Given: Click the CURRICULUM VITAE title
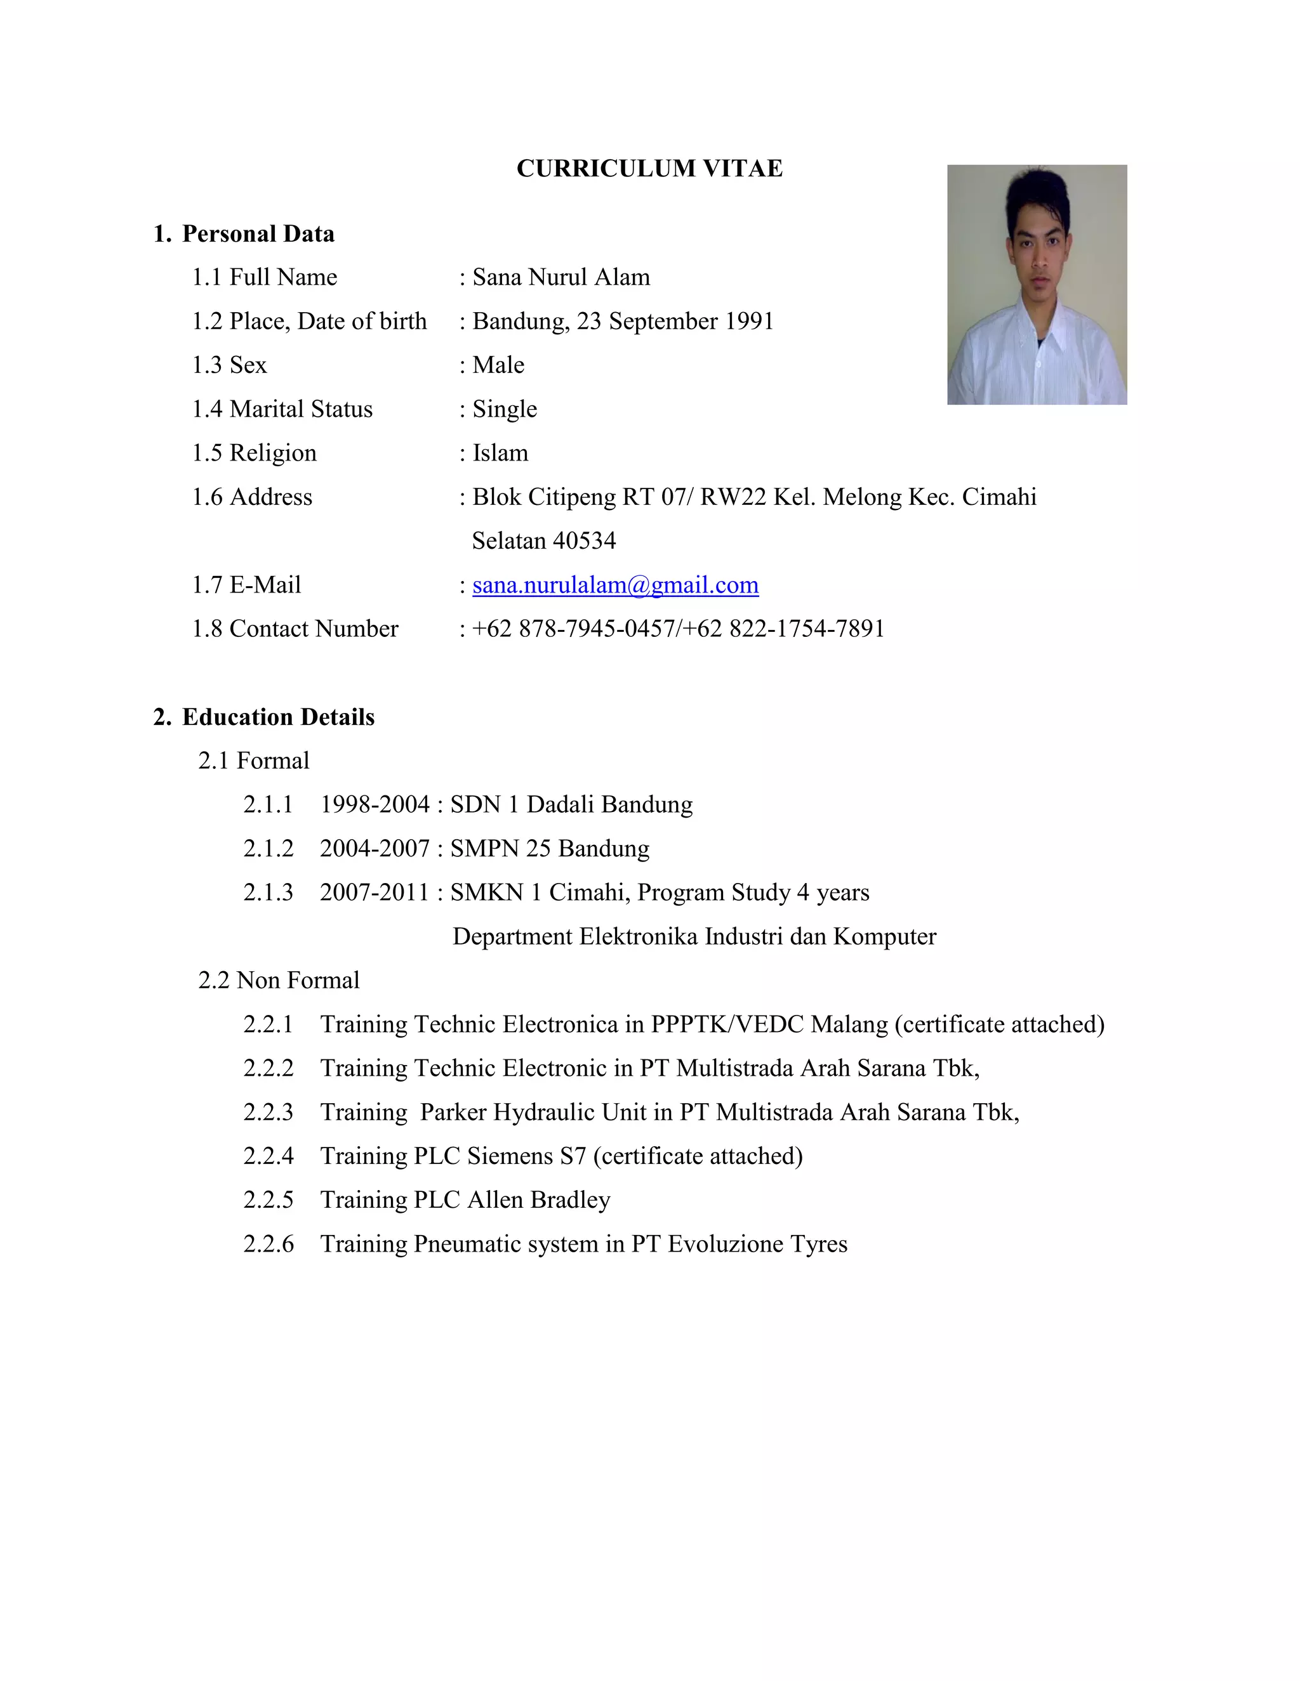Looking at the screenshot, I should pyautogui.click(x=649, y=169).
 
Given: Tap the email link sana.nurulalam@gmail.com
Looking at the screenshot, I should pyautogui.click(x=615, y=585).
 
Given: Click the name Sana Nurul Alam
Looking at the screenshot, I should pyautogui.click(x=560, y=277).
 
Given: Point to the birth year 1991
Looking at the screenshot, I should pyautogui.click(x=748, y=321).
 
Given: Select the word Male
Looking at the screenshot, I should pyautogui.click(x=498, y=365).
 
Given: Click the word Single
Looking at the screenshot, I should pyautogui.click(x=505, y=409).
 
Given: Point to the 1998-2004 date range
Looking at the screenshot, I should pyautogui.click(x=375, y=804).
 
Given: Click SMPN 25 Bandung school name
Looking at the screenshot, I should pyautogui.click(x=550, y=848).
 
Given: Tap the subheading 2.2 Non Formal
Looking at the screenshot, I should pyautogui.click(x=279, y=981).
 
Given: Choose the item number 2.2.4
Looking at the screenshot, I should pyautogui.click(x=268, y=1156).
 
